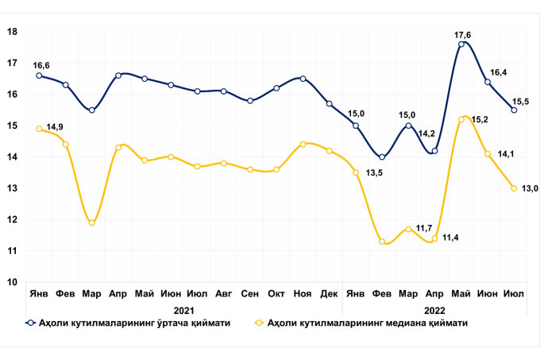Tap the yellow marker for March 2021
click(92, 223)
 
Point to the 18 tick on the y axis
click(13, 32)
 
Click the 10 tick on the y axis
click(13, 282)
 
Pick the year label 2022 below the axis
click(434, 311)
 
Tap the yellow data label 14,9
click(56, 127)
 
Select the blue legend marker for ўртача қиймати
click(29, 323)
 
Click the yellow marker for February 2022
click(382, 242)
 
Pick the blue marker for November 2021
click(303, 79)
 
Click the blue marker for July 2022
click(514, 110)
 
